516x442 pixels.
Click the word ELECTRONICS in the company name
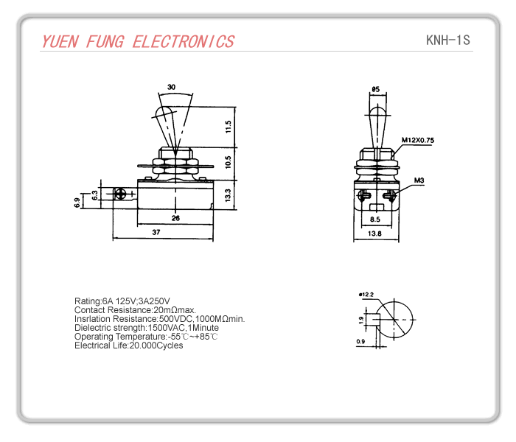click(x=183, y=42)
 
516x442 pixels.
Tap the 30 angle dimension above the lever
click(x=171, y=87)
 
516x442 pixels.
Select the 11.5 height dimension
click(x=229, y=126)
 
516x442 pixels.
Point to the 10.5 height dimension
click(x=229, y=161)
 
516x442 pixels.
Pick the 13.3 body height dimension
click(x=229, y=195)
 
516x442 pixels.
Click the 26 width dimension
click(x=175, y=217)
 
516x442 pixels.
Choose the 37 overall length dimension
click(x=156, y=232)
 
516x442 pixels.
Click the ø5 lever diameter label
click(x=375, y=89)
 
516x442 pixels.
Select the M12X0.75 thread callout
click(x=418, y=140)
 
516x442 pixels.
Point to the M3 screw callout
click(x=419, y=180)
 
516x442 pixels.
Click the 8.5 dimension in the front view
click(x=374, y=219)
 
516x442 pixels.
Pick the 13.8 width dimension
click(x=374, y=234)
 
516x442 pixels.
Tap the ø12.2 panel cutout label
click(x=366, y=295)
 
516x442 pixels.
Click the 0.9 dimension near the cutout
click(x=360, y=341)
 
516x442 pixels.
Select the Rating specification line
click(x=122, y=301)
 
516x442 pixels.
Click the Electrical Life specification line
click(x=129, y=345)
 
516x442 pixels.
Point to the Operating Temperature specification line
click(x=146, y=336)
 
